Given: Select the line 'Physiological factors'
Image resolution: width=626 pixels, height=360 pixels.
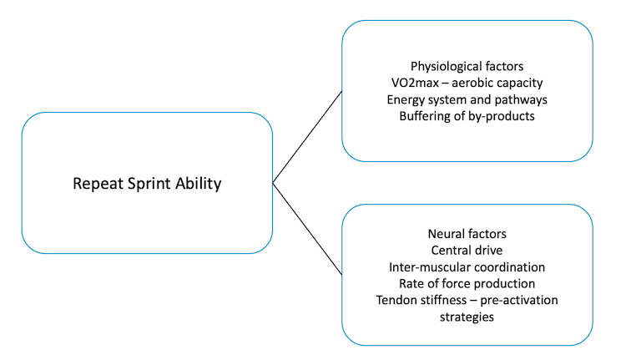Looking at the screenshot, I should click(x=467, y=66).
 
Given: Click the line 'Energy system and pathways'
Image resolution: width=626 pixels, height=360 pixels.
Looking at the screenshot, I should click(x=467, y=99).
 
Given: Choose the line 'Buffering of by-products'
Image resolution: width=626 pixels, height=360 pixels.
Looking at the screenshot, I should click(x=467, y=116).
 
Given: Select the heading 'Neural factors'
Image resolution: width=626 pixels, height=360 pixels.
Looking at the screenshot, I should click(x=467, y=233).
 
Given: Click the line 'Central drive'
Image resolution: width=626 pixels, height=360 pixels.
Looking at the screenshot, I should click(x=467, y=250).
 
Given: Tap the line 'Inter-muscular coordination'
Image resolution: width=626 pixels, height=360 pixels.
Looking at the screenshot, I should click(x=467, y=266).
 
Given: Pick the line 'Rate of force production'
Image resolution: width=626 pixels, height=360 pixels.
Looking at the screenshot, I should click(x=467, y=283).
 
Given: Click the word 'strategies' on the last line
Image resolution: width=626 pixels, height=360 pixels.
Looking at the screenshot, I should click(x=467, y=317).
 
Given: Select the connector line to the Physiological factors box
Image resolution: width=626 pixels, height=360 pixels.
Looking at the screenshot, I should click(x=307, y=136).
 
